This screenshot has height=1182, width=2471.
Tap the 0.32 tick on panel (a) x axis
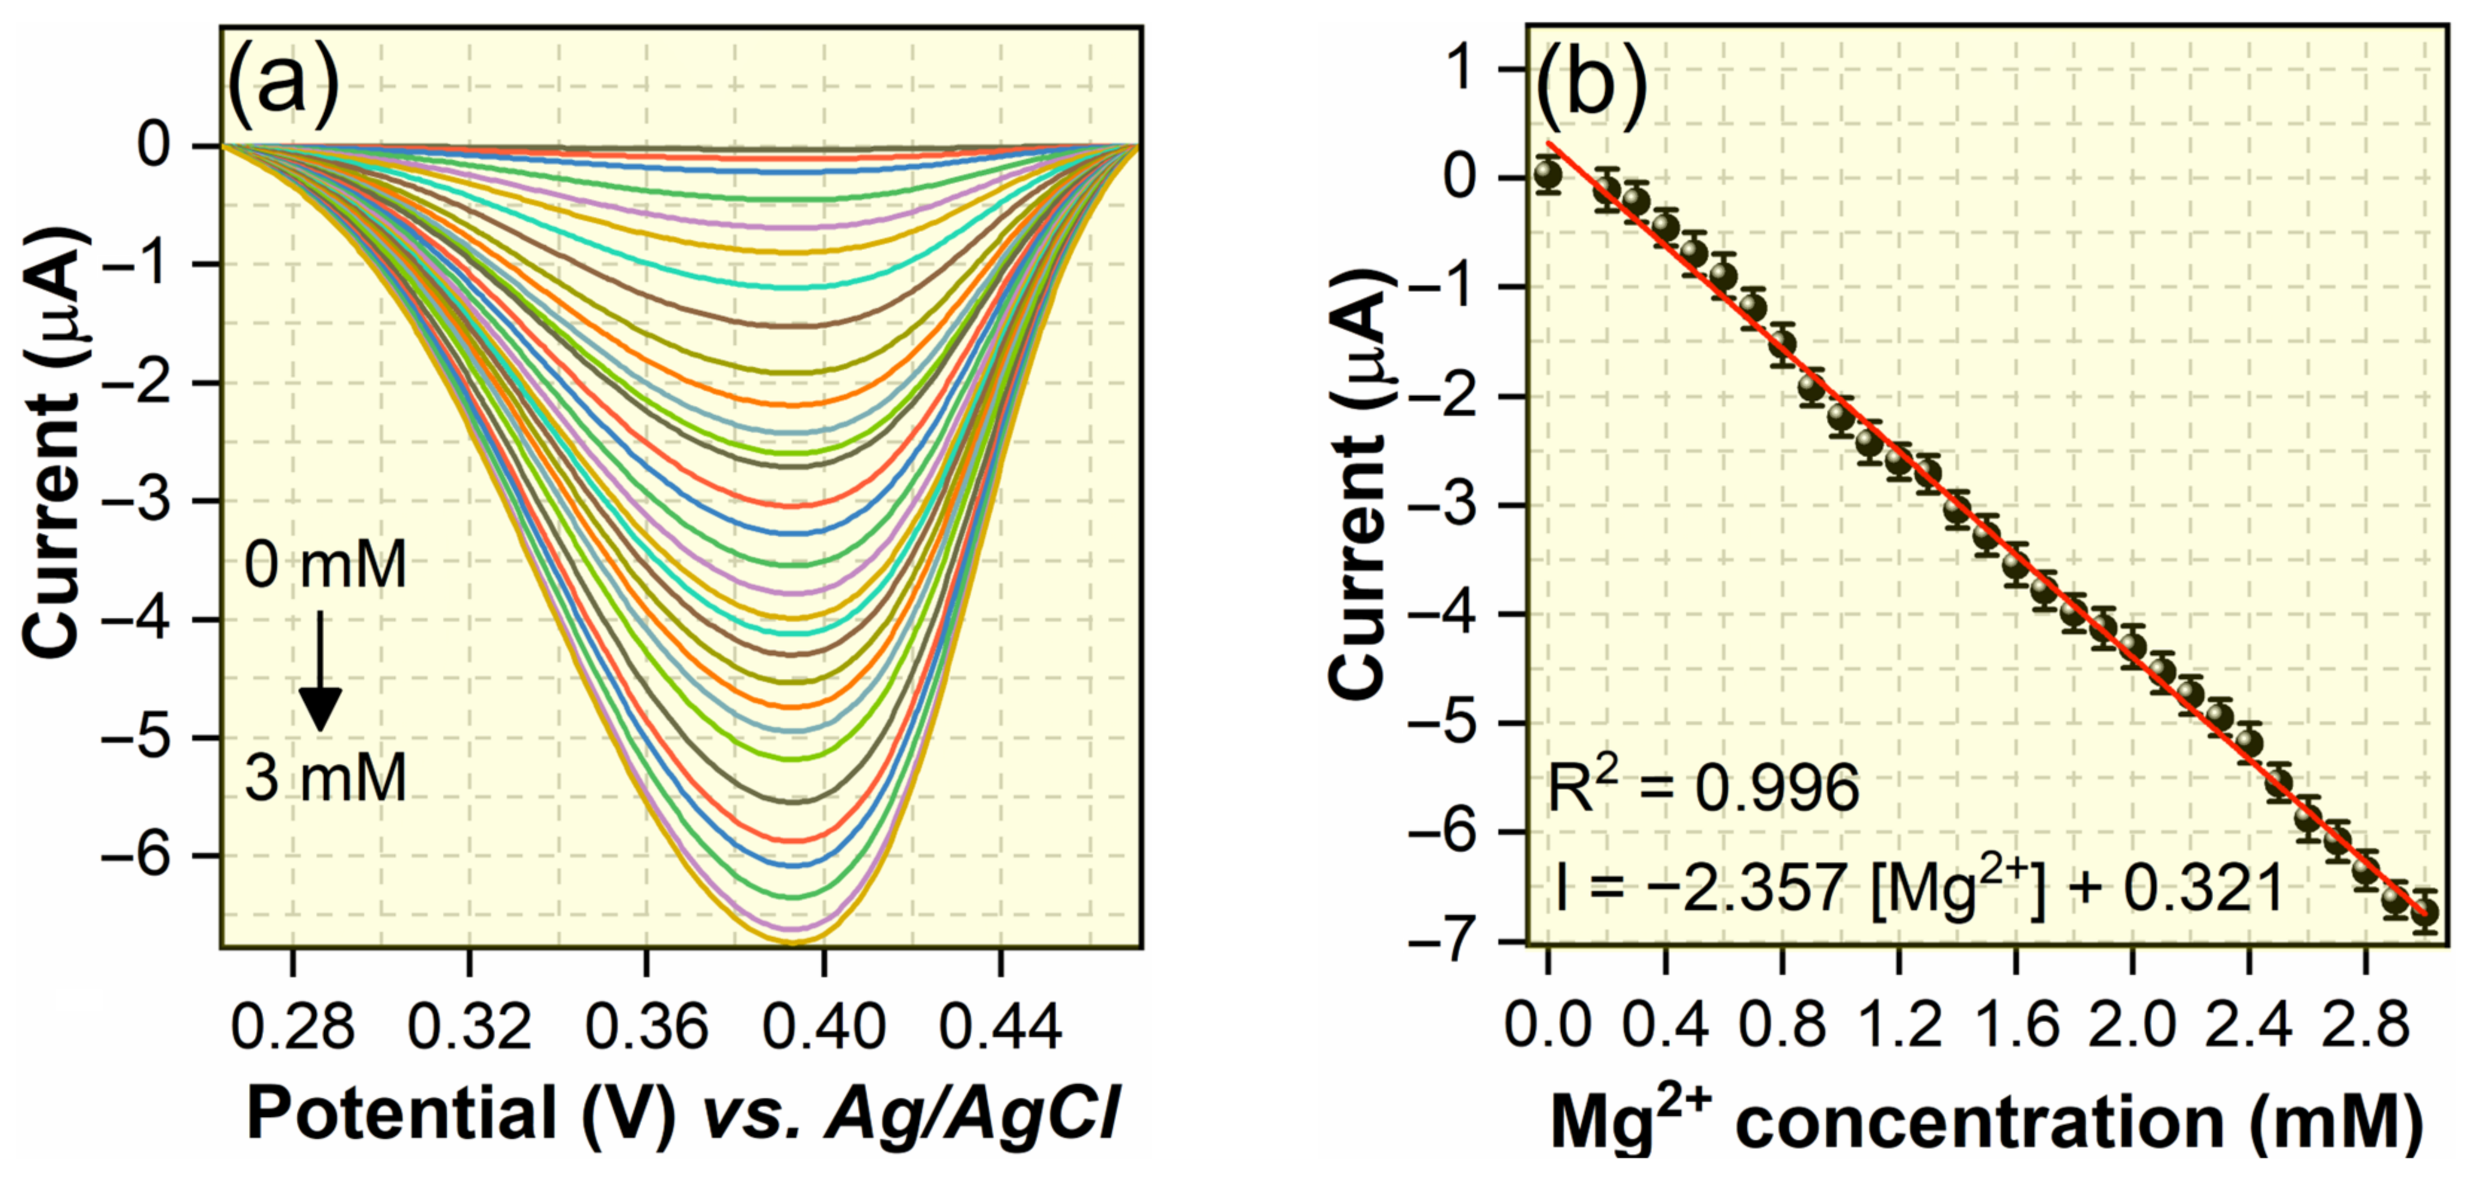[469, 1026]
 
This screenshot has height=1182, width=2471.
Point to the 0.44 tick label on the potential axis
[1001, 1026]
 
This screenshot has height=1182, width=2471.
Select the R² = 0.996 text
[1704, 789]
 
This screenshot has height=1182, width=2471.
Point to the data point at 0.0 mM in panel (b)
[1547, 175]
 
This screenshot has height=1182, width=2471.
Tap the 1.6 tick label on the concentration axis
[2015, 1026]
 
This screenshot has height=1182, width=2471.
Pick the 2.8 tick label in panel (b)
[2366, 1026]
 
